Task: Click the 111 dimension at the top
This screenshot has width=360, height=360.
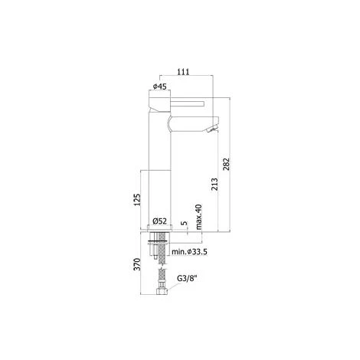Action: (185, 71)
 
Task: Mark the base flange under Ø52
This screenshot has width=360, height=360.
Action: (157, 228)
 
